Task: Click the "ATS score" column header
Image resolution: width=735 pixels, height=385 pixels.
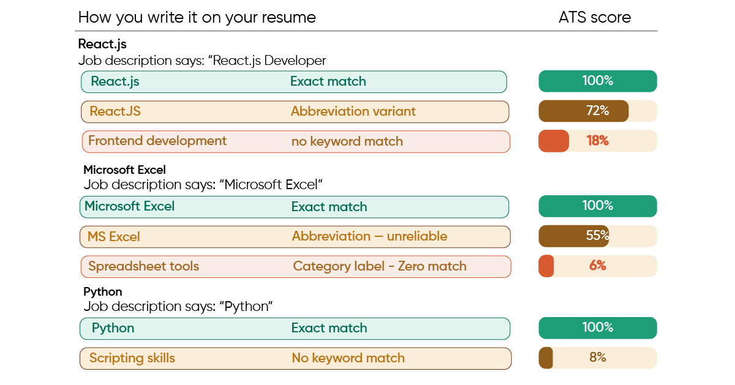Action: (594, 17)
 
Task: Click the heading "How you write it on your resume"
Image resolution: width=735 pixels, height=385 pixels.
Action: (197, 17)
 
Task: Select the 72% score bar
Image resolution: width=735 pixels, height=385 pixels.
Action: (597, 111)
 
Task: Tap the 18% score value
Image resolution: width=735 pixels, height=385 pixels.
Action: (597, 141)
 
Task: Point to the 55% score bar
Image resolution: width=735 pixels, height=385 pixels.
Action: (597, 236)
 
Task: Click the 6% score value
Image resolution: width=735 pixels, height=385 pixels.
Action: (597, 266)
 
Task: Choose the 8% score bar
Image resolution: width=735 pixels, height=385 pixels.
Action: (597, 357)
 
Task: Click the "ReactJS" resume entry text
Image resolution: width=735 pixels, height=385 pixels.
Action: (115, 111)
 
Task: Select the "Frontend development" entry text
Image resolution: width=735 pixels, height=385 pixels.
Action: (157, 141)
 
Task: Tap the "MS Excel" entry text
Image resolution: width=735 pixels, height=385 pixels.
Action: (114, 236)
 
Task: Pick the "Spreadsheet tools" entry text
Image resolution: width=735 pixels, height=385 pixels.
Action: (143, 266)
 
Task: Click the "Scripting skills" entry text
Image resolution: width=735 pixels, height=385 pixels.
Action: (132, 358)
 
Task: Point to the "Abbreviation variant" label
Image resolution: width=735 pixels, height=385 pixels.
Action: (353, 111)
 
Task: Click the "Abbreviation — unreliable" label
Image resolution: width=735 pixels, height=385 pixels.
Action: (369, 236)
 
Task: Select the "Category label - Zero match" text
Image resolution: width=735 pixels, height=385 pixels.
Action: (379, 266)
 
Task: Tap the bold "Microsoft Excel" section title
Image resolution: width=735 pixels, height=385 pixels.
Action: (124, 170)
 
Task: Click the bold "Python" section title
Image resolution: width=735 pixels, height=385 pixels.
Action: (102, 291)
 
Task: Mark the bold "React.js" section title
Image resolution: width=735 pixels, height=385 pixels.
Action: (102, 44)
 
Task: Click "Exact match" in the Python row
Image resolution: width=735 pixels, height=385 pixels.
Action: (329, 328)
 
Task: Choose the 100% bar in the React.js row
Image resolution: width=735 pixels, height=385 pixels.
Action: (597, 81)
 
